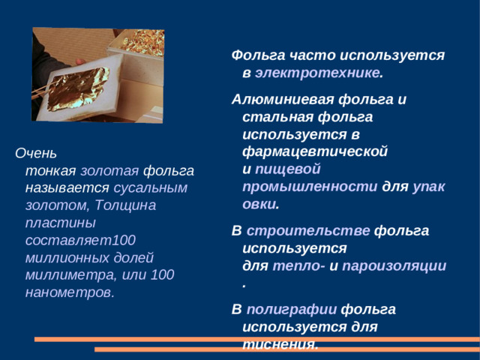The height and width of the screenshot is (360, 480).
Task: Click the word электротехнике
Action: pyautogui.click(x=317, y=73)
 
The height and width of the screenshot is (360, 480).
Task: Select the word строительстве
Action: pyautogui.click(x=308, y=230)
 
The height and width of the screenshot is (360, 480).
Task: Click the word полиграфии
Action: pyautogui.click(x=292, y=309)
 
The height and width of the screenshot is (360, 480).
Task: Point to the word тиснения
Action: pyautogui.click(x=280, y=343)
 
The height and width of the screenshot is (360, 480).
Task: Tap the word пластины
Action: pyautogui.click(x=60, y=223)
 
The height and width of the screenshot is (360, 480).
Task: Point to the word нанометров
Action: pyautogui.click(x=68, y=292)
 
